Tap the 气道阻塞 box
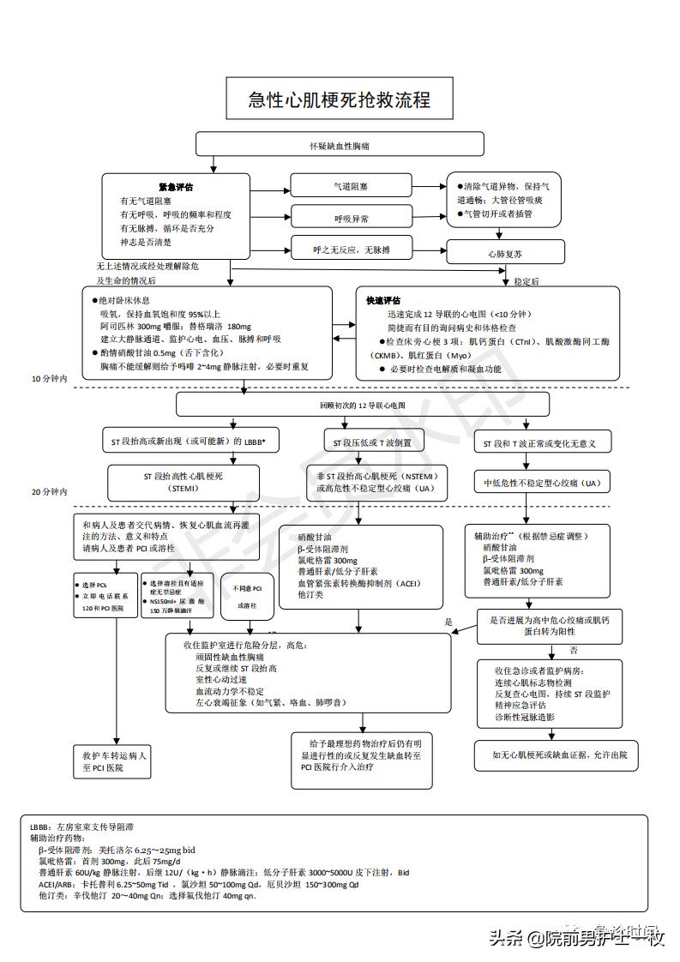tap(351, 186)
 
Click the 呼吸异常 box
tap(351, 219)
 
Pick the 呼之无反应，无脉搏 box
tap(351, 250)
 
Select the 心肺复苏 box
tap(506, 253)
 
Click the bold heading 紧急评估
tap(176, 187)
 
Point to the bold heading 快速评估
tap(383, 301)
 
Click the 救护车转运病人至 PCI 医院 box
tap(114, 761)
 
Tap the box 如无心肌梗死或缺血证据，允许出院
tap(559, 755)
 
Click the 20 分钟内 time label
tap(49, 492)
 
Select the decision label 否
tap(574, 651)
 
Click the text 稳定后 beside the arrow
tap(526, 281)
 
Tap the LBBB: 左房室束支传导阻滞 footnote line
tap(81, 827)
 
